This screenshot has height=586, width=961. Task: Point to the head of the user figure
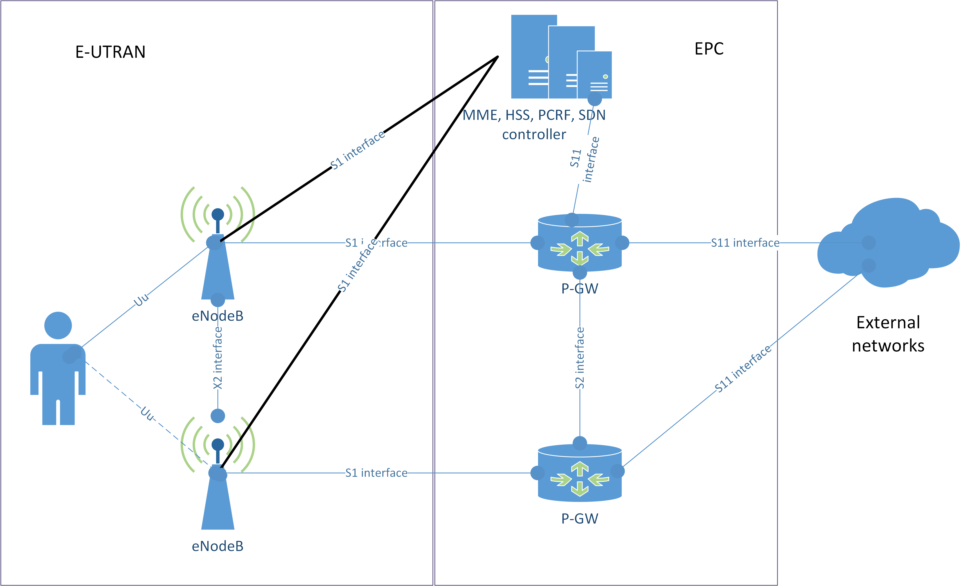click(x=58, y=325)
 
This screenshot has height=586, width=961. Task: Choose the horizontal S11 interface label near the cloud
click(x=745, y=243)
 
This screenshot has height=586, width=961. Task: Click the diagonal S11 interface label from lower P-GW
click(x=743, y=368)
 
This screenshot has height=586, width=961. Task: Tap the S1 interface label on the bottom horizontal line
click(x=376, y=473)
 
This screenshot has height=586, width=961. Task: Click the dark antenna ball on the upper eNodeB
click(x=218, y=214)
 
